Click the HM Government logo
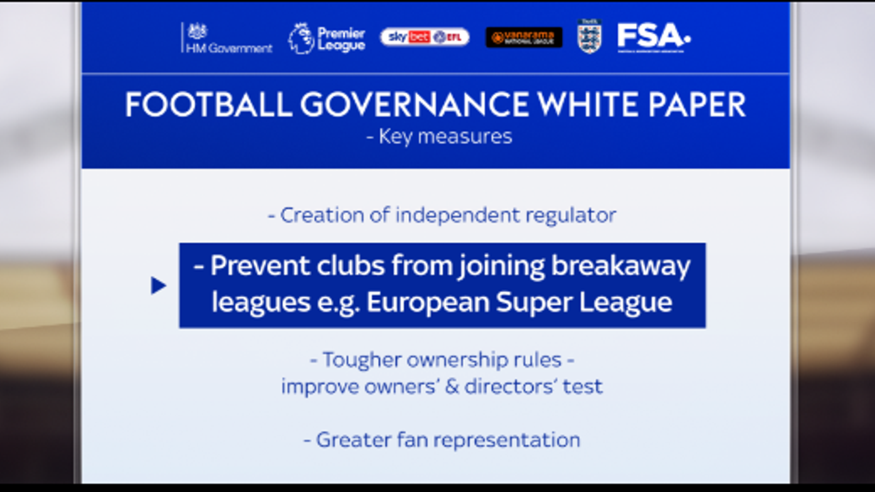[x=227, y=38]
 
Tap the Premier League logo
[x=327, y=38]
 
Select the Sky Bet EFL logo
[x=425, y=37]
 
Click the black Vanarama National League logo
[x=524, y=38]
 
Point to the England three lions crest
[x=590, y=37]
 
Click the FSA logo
[x=653, y=37]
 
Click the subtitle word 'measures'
[x=465, y=137]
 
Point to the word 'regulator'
[x=571, y=215]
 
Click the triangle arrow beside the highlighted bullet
[x=158, y=285]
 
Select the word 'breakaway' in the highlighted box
[x=620, y=266]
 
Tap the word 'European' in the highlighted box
[x=428, y=303]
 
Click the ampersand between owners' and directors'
[x=452, y=387]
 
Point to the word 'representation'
[x=507, y=440]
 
